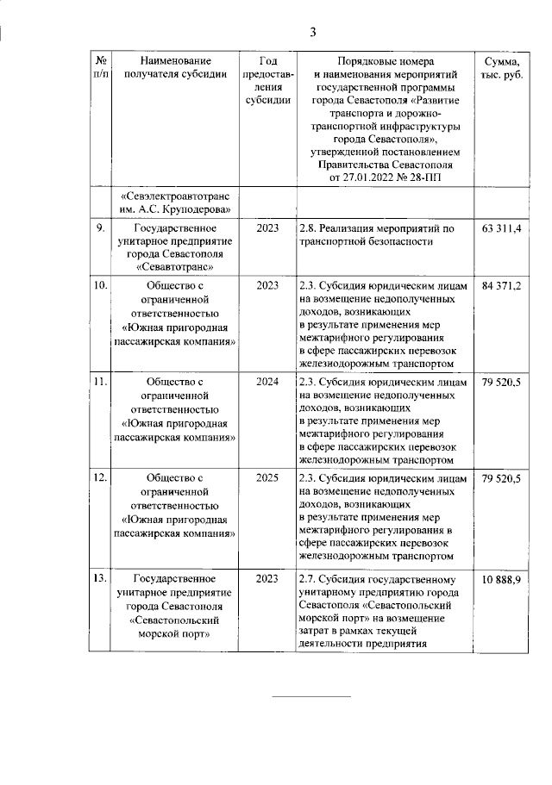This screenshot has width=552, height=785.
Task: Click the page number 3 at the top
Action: click(314, 33)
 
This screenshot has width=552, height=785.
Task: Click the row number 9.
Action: click(99, 228)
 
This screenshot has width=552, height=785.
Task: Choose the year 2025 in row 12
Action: click(267, 480)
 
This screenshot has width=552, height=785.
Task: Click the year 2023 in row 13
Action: click(267, 578)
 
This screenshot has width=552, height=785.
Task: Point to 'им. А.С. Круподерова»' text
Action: click(175, 209)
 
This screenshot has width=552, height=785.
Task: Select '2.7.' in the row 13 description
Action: click(309, 578)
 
